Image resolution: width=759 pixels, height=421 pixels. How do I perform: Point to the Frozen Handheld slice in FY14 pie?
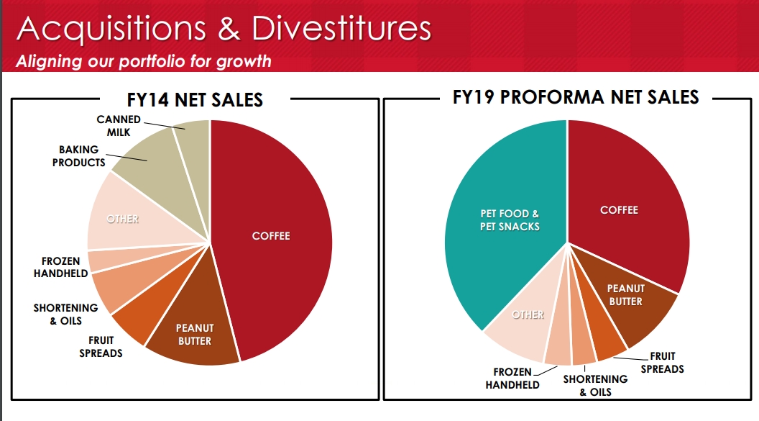click(101, 260)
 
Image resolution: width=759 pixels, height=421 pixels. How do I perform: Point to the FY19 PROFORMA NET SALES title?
click(575, 97)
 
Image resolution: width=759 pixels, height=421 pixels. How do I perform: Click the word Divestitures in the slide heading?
click(341, 29)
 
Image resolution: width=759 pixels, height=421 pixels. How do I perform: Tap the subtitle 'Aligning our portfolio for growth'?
click(144, 60)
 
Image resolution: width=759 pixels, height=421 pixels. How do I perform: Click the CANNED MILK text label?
click(119, 126)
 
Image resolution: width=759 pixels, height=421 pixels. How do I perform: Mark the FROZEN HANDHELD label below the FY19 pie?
click(512, 379)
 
